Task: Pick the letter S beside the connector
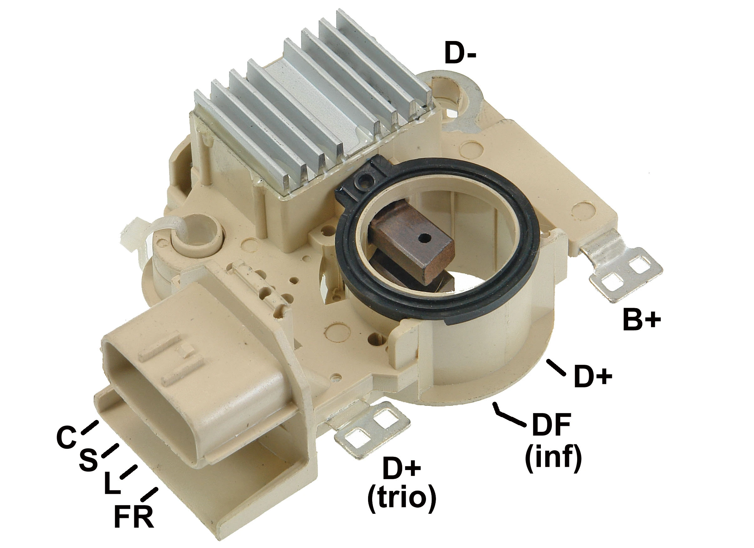point(88,460)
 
